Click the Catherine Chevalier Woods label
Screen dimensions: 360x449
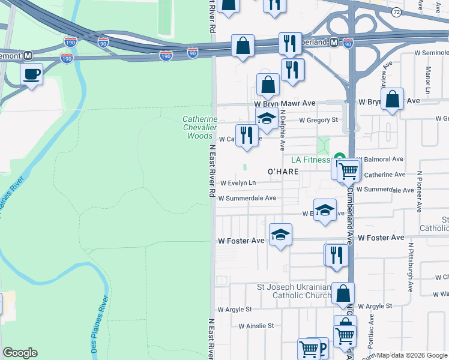tap(200, 128)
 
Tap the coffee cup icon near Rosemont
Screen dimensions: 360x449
tap(31, 74)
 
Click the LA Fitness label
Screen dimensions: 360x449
tap(310, 160)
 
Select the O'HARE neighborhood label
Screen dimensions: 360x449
tap(283, 172)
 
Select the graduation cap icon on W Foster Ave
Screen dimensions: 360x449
tap(280, 236)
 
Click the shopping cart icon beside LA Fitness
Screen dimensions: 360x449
tap(348, 170)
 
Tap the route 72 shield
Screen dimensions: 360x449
tap(396, 12)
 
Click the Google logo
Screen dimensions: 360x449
tap(20, 353)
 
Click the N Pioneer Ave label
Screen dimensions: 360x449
tap(419, 191)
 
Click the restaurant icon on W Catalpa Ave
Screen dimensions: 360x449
tap(247, 136)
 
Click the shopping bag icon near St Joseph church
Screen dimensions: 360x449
tap(343, 295)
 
